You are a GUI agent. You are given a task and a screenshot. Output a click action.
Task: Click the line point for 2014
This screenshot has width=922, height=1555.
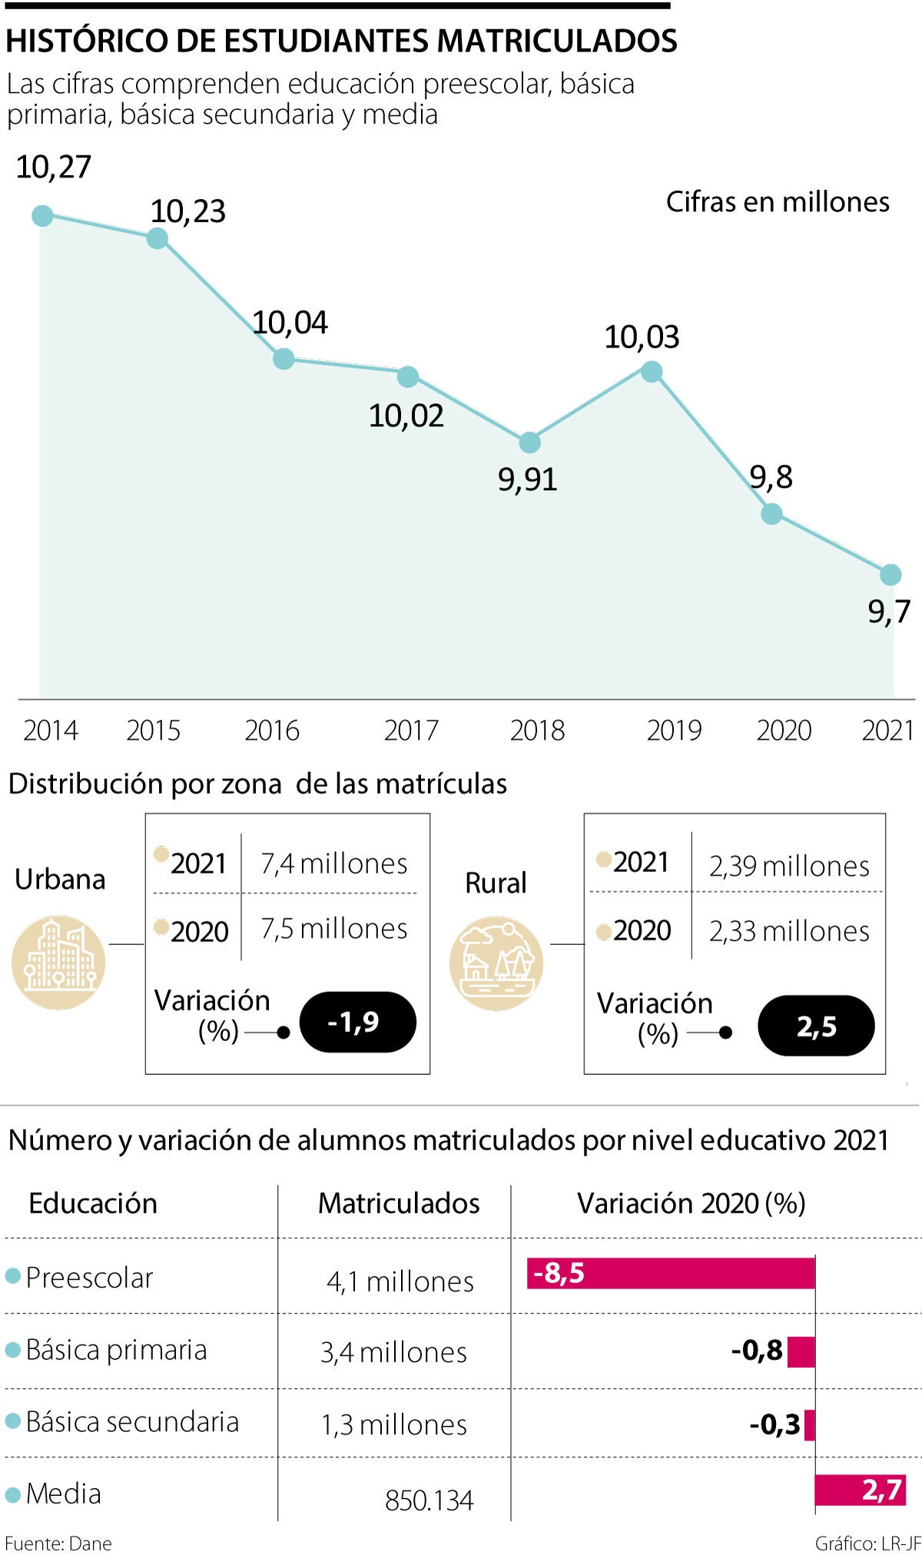42,216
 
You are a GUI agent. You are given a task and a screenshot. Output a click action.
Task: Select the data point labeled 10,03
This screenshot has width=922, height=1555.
651,373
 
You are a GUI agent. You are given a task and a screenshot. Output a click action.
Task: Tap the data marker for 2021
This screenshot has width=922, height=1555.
890,574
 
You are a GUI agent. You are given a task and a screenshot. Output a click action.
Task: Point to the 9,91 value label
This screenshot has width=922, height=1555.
527,479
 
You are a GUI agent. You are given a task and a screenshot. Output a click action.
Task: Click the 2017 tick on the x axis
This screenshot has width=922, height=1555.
411,730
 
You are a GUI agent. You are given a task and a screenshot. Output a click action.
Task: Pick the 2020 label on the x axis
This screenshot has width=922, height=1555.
784,730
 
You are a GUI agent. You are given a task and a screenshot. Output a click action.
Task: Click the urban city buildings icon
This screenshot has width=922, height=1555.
58,962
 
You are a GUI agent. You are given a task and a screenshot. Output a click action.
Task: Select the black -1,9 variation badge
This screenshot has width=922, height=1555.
357,1022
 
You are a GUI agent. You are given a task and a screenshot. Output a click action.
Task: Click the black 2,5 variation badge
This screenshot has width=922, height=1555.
816,1026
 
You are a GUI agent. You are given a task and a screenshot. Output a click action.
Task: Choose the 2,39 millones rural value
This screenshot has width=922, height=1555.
789,867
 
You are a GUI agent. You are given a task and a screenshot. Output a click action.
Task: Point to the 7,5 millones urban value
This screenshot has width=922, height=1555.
333,929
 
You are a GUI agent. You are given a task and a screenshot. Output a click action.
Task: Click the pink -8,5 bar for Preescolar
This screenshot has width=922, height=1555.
670,1273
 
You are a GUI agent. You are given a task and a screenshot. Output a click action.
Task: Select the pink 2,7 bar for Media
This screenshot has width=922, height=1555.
860,1490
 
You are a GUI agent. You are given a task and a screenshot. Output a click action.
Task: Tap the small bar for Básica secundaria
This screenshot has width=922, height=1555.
809,1425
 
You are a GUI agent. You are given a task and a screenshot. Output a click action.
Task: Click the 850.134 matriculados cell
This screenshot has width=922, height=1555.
429,1500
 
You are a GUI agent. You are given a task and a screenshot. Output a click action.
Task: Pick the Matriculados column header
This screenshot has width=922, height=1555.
399,1203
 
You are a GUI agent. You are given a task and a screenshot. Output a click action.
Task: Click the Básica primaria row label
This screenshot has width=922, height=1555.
116,1350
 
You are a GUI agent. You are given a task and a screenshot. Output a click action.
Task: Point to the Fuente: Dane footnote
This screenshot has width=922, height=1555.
58,1543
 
